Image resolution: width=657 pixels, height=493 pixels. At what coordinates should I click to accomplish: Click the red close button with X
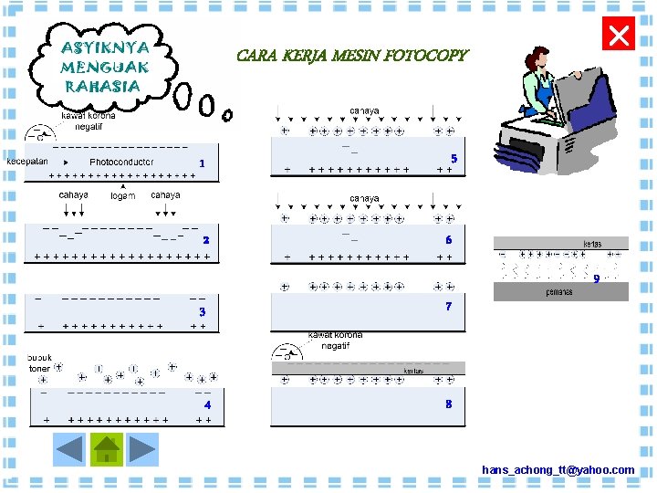(x=619, y=36)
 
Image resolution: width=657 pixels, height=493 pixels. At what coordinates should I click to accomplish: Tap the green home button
(x=107, y=449)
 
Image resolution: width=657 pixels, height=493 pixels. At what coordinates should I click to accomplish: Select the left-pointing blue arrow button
(x=70, y=449)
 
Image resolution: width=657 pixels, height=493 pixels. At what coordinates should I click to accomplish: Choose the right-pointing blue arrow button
(x=143, y=449)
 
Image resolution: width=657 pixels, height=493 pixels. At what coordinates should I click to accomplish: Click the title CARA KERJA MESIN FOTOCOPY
(x=351, y=56)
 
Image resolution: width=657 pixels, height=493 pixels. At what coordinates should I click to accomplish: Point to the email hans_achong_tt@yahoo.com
(x=558, y=469)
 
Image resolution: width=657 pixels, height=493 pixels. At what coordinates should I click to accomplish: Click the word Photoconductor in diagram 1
(x=121, y=162)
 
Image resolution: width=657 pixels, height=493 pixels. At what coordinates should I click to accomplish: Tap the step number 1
(x=202, y=163)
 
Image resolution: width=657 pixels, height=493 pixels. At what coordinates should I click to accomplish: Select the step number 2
(x=206, y=240)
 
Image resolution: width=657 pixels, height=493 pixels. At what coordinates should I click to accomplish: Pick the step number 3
(x=203, y=312)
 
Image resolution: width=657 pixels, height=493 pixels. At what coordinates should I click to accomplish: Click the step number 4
(x=207, y=404)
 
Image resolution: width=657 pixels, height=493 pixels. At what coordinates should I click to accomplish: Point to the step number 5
(x=454, y=159)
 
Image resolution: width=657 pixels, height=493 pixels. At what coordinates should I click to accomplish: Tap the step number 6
(x=449, y=240)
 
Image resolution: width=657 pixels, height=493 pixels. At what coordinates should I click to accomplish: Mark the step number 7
(x=448, y=307)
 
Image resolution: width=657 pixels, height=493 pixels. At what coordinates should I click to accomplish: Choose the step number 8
(x=448, y=404)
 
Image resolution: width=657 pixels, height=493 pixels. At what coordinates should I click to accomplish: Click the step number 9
(x=596, y=279)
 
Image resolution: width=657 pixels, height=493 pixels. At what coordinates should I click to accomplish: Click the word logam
(x=122, y=196)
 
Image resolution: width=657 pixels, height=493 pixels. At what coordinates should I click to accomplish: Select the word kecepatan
(x=28, y=162)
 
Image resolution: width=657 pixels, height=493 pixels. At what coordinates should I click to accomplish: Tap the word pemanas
(x=559, y=292)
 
